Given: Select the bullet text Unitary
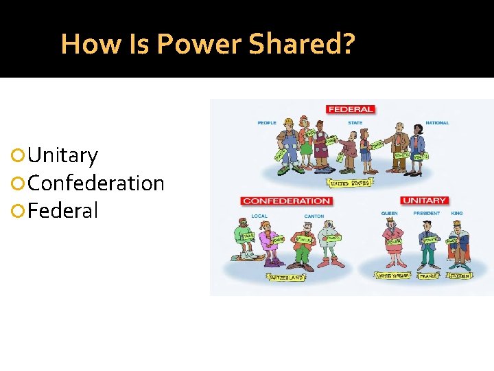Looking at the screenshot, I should click(63, 155).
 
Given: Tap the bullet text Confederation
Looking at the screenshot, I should click(97, 183).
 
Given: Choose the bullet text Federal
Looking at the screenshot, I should click(63, 210).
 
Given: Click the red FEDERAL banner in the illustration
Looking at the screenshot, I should click(351, 109).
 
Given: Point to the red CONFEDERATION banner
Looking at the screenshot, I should click(286, 201).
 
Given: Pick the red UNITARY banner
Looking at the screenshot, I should click(424, 201).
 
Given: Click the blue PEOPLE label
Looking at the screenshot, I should click(267, 123).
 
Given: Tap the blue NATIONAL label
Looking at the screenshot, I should click(437, 123).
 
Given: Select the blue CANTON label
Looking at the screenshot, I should click(314, 216).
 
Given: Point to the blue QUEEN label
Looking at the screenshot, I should click(389, 214).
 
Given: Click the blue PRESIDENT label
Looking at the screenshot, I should click(427, 214).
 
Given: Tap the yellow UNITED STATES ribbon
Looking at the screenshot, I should click(351, 183).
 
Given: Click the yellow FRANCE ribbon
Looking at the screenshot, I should click(429, 276).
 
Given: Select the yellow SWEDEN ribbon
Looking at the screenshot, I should click(459, 276).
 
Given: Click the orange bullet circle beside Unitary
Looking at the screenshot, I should click(19, 156).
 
